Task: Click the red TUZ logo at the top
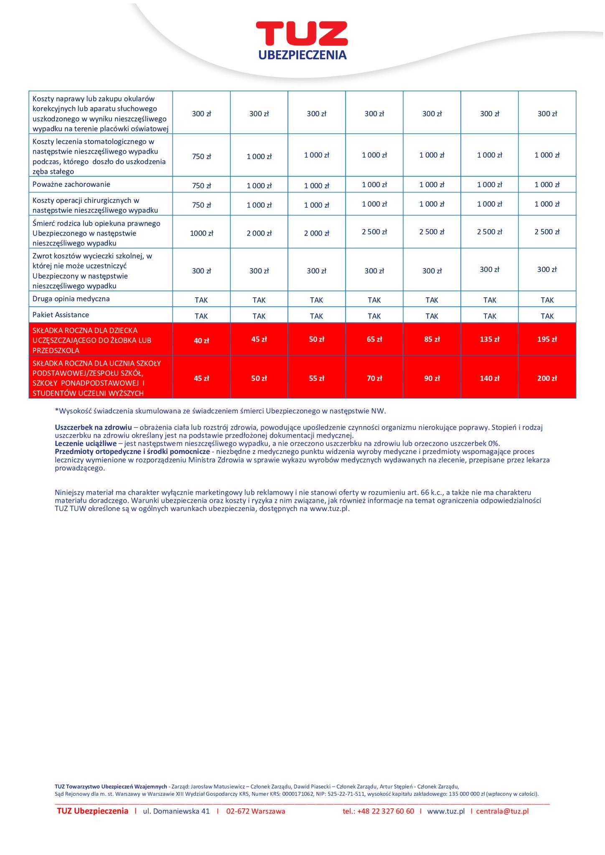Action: click(302, 33)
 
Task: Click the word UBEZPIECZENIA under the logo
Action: click(302, 55)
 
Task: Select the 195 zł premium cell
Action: click(547, 339)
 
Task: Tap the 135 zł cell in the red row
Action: click(490, 339)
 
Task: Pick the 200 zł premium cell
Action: click(547, 379)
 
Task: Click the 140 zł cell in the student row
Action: click(490, 379)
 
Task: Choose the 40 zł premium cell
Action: click(201, 341)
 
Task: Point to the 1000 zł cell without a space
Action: click(201, 233)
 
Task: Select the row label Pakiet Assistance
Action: click(61, 315)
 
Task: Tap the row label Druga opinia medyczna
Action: click(71, 299)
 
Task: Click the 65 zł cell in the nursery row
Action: click(374, 339)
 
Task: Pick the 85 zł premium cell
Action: click(432, 339)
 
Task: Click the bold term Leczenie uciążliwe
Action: click(86, 443)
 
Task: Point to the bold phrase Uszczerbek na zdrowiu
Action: click(93, 427)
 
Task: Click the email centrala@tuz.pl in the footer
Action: click(502, 811)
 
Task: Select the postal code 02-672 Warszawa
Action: click(256, 811)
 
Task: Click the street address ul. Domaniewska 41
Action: click(176, 811)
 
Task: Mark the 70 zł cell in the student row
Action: click(374, 379)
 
